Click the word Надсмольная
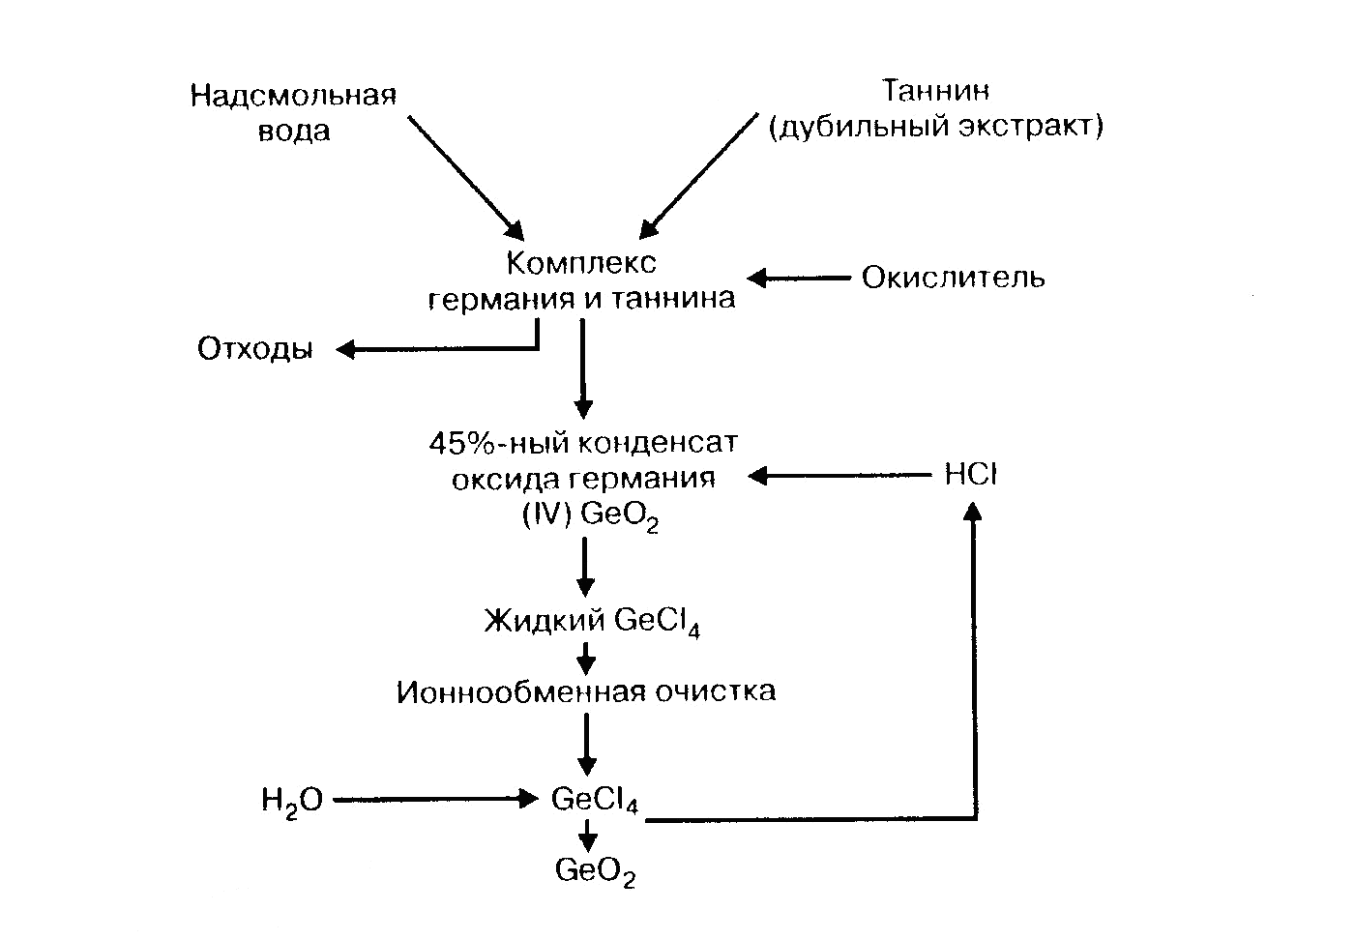[x=293, y=96]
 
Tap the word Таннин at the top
[x=935, y=91]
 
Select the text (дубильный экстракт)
[x=935, y=127]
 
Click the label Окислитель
[x=953, y=279]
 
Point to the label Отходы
[x=255, y=349]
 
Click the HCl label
[x=970, y=475]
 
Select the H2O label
[x=291, y=801]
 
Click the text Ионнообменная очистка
[x=585, y=692]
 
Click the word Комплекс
[x=581, y=262]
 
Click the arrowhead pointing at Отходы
[x=344, y=349]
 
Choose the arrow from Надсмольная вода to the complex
[x=464, y=177]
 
